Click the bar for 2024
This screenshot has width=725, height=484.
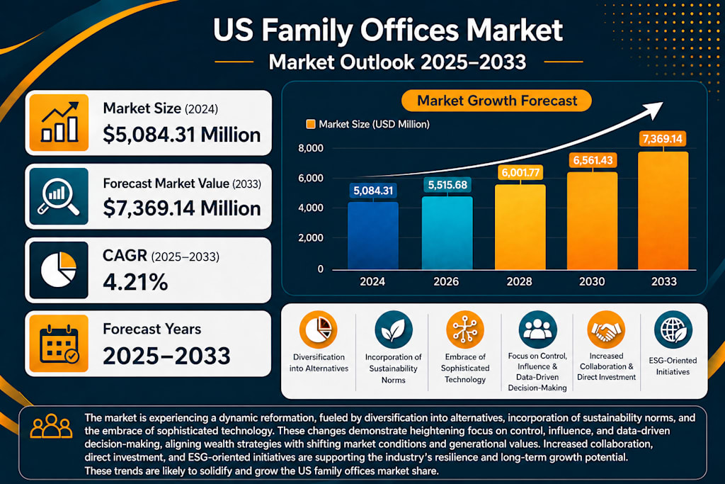pos(372,235)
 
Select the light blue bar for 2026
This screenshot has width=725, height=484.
pos(447,232)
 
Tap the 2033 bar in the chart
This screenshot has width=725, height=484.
pos(663,210)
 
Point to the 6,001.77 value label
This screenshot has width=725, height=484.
pos(520,173)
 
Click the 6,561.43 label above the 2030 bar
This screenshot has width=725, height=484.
pos(593,161)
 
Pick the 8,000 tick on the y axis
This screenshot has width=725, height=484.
pos(311,149)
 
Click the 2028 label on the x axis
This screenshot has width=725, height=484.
pos(519,281)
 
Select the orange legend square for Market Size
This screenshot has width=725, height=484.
pos(311,124)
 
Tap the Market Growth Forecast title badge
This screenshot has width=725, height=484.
pos(496,101)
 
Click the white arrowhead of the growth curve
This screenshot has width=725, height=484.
pos(653,110)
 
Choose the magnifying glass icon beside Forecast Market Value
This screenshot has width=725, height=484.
pos(59,196)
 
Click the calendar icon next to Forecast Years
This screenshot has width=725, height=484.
pos(59,344)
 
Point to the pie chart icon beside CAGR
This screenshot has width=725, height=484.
pos(59,270)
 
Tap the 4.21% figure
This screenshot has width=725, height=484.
pos(135,282)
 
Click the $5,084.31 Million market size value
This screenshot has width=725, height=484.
pos(182,135)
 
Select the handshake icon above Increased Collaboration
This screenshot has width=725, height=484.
pos(606,330)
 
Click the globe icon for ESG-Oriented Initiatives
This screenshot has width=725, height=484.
pos(673,330)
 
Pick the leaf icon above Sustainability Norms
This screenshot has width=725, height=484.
pos(394,330)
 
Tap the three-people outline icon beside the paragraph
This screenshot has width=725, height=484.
pos(51,426)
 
